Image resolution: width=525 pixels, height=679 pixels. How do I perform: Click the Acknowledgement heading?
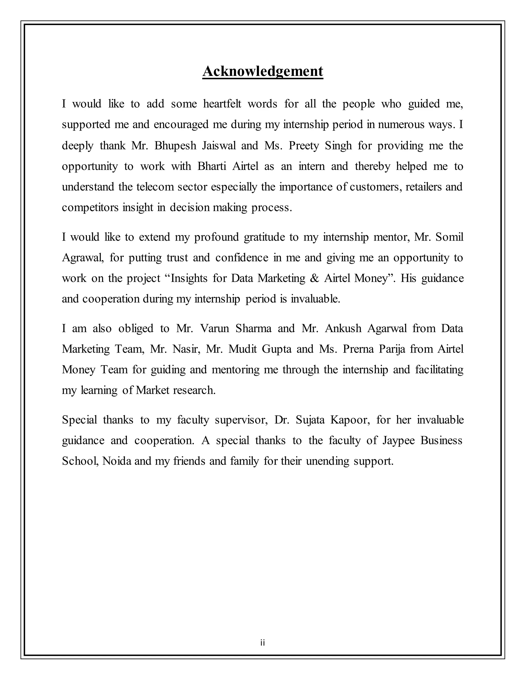coord(262,71)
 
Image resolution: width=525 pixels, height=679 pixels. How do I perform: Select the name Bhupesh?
coord(175,146)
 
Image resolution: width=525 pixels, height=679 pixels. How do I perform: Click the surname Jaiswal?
coord(219,146)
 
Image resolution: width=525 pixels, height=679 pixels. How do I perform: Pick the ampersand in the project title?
coord(315,278)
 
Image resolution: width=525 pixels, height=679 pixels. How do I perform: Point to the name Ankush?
coord(343,328)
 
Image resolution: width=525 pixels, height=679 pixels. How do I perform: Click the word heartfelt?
coord(222,104)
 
